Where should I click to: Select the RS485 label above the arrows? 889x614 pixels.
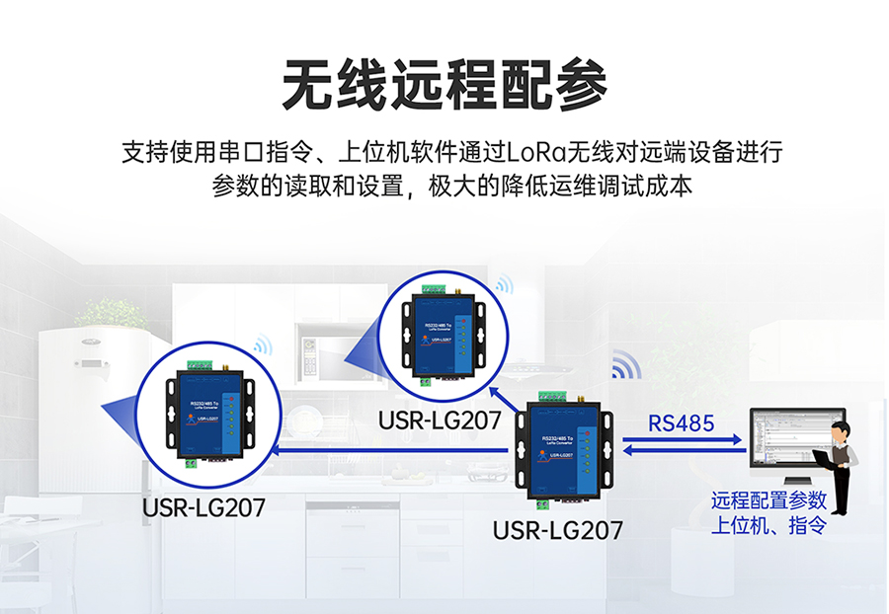[x=682, y=423]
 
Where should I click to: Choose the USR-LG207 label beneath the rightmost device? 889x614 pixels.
[x=558, y=531]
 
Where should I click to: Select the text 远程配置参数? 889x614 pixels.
[x=768, y=501]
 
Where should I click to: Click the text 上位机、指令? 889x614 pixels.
[x=768, y=525]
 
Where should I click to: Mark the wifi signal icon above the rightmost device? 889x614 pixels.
[x=625, y=365]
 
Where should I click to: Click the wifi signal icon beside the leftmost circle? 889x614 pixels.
[x=263, y=345]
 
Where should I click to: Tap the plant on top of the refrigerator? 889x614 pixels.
[x=112, y=314]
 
